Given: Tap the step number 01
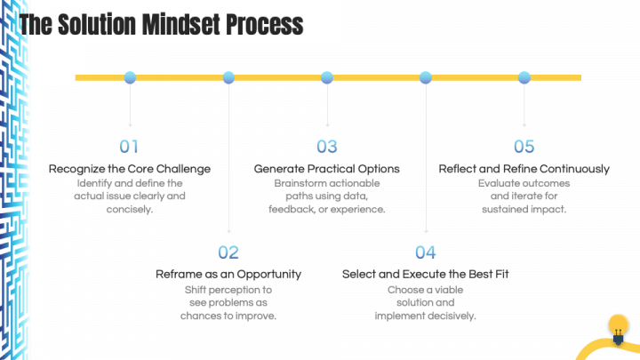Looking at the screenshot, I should pos(130,147).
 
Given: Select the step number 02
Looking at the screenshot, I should pos(228,252).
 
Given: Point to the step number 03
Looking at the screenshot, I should pos(327,147).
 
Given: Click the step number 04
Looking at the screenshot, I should pos(426,252).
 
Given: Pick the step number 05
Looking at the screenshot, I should pos(524,147).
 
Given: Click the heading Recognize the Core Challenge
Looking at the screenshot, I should pos(130,168).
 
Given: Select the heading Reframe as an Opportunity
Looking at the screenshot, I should pos(228,274).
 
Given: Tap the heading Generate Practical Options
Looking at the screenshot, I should pos(327,168).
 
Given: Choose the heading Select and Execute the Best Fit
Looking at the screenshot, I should pos(425,274).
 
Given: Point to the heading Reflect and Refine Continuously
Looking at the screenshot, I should pos(524,168).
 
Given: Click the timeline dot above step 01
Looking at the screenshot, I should pos(130,77).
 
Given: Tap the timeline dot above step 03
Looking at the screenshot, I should pos(327,77).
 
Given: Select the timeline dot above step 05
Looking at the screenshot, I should pos(524,77).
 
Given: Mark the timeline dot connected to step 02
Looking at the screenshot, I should pos(228,77).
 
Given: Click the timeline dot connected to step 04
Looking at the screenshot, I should pos(426,77).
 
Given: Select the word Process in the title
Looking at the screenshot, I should pos(266,24).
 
